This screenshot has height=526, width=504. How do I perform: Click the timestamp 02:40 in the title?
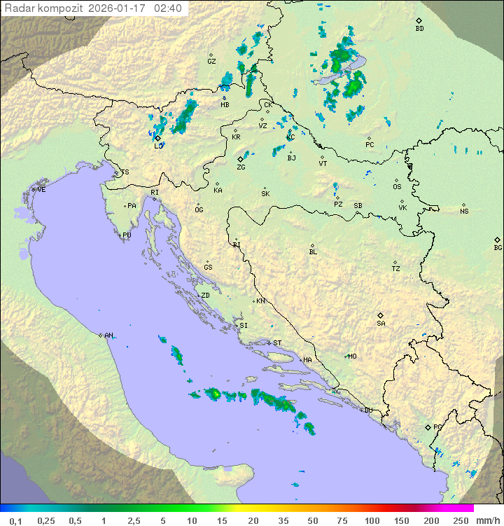168,8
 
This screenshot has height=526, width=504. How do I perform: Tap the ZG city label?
241,167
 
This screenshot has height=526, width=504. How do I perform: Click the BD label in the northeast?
419,29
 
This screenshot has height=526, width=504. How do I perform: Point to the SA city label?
381,324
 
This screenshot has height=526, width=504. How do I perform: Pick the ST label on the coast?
277,343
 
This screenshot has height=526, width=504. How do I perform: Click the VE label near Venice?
41,190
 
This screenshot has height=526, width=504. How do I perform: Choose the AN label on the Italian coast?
108,335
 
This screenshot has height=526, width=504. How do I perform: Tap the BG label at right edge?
498,248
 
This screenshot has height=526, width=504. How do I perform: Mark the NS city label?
464,212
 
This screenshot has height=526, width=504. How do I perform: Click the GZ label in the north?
211,62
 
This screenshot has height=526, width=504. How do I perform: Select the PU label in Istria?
127,235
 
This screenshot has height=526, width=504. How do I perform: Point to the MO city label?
352,357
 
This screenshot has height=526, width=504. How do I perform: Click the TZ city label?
396,269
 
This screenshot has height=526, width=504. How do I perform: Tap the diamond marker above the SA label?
381,315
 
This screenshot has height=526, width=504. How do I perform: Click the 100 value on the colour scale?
372,520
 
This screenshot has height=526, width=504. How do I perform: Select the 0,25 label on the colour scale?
46,520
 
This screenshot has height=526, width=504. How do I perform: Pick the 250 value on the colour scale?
461,520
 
